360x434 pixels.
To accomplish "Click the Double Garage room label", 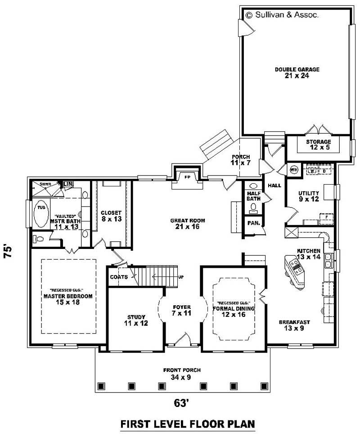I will pyautogui.click(x=297, y=72).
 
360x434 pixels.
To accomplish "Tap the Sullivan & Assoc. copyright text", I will pyautogui.click(x=282, y=15).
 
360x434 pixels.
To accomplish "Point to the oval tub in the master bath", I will pyautogui.click(x=40, y=214).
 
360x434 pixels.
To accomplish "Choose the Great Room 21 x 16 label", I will pyautogui.click(x=188, y=223).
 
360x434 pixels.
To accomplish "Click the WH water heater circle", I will pyautogui.click(x=294, y=170).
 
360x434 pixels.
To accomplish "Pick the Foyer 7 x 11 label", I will pyautogui.click(x=182, y=310).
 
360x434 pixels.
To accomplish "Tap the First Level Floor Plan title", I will pyautogui.click(x=188, y=424).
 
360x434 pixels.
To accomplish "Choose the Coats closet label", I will pyautogui.click(x=119, y=277).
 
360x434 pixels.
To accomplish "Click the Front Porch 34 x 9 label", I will pyautogui.click(x=182, y=373).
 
